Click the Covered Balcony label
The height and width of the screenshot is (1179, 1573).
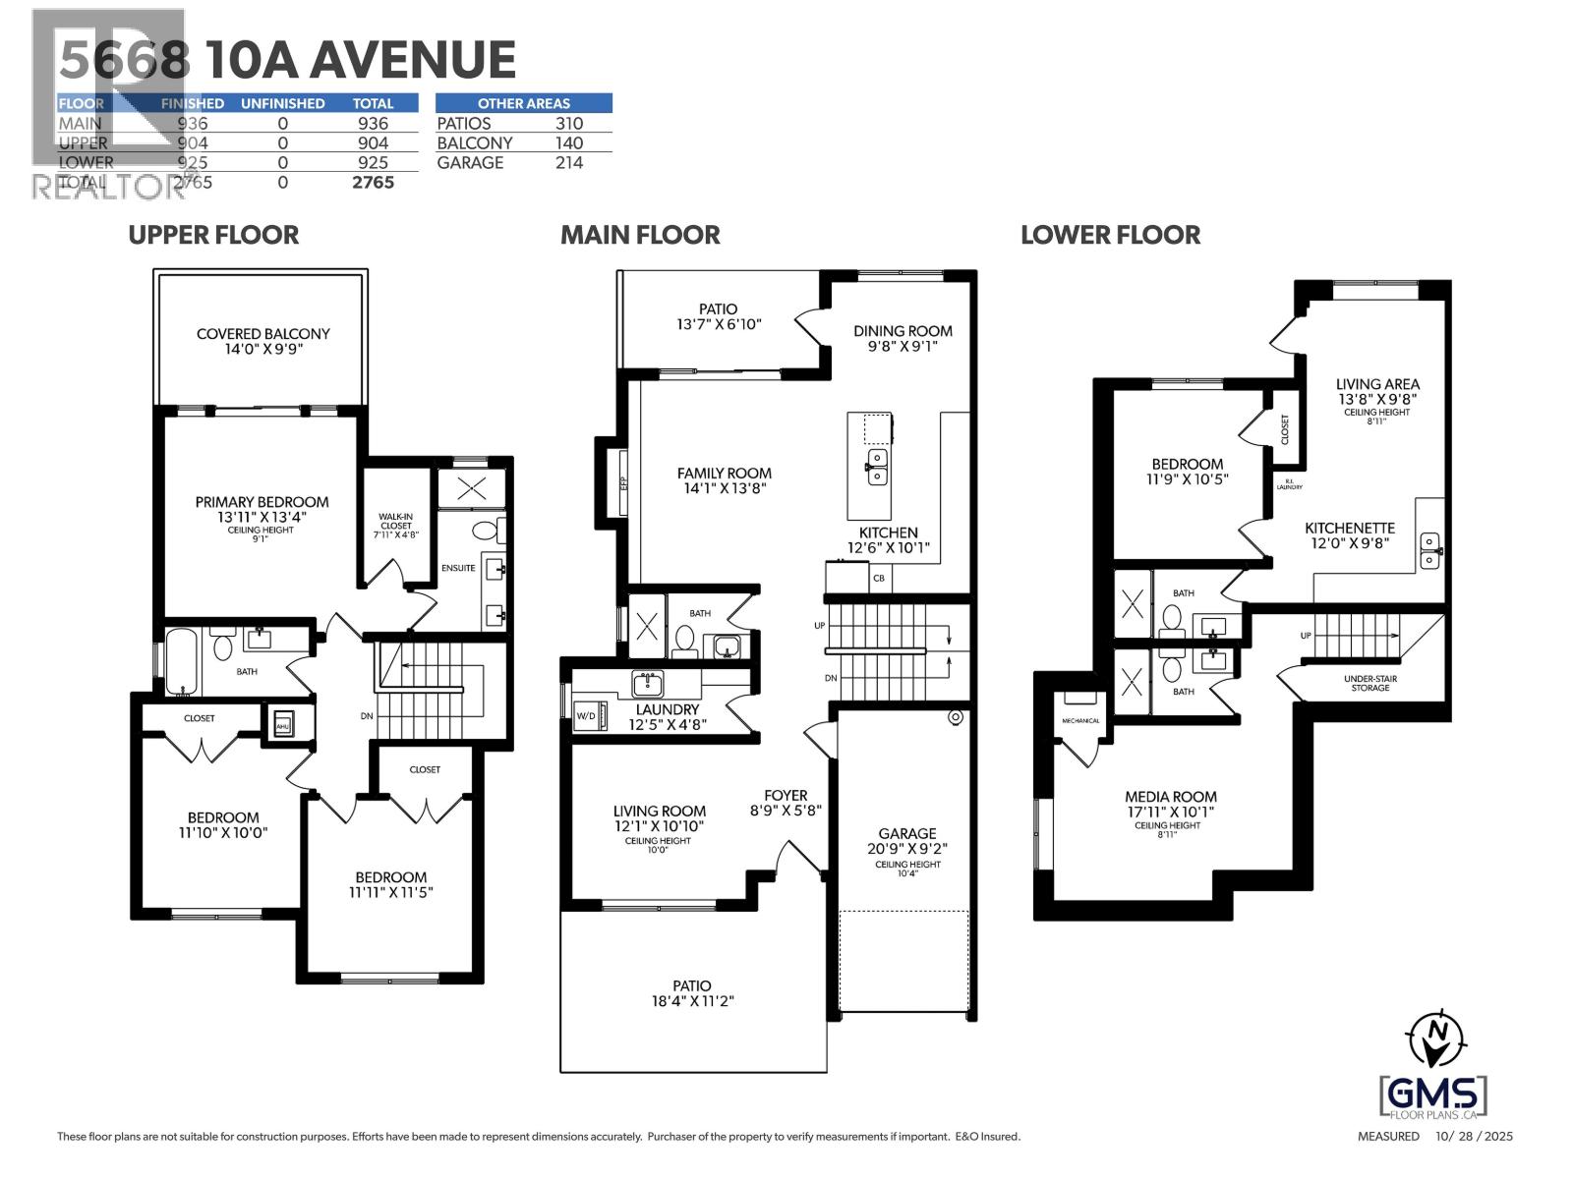pyautogui.click(x=262, y=334)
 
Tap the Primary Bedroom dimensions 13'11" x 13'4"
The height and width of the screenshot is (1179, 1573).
pyautogui.click(x=262, y=518)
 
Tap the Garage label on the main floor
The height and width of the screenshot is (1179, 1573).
pyautogui.click(x=907, y=833)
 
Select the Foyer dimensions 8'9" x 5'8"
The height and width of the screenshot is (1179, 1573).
pyautogui.click(x=786, y=812)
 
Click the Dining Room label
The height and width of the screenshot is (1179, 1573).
pyautogui.click(x=903, y=331)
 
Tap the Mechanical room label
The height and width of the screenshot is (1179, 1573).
pyautogui.click(x=1080, y=721)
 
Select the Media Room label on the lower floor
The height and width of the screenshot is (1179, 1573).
pyautogui.click(x=1171, y=797)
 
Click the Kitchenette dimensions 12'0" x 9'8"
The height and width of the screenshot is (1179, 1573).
pyautogui.click(x=1350, y=542)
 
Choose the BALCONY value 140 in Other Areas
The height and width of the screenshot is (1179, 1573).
pyautogui.click(x=568, y=143)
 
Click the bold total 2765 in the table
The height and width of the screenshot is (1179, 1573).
pyautogui.click(x=373, y=183)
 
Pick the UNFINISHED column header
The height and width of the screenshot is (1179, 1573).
pyautogui.click(x=282, y=103)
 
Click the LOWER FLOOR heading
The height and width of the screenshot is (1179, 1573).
pyautogui.click(x=1110, y=235)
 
